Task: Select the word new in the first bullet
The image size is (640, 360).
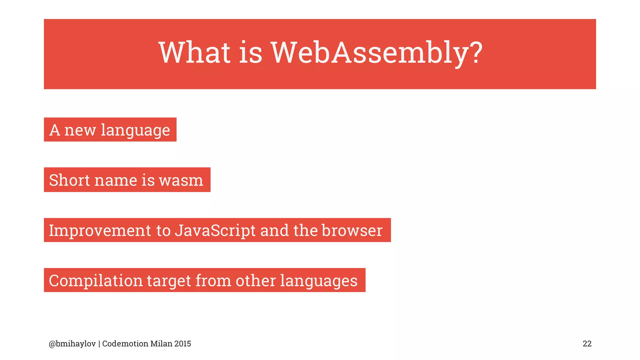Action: pyautogui.click(x=80, y=130)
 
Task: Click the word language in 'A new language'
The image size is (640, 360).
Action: pyautogui.click(x=135, y=131)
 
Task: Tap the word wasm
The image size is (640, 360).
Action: pyautogui.click(x=181, y=181)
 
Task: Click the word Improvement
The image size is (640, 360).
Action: pyautogui.click(x=100, y=231)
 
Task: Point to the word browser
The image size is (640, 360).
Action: pyautogui.click(x=352, y=231)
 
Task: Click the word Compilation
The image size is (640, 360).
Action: pyautogui.click(x=96, y=281)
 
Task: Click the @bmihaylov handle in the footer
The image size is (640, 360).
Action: pyautogui.click(x=72, y=344)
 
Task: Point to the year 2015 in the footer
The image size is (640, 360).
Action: pyautogui.click(x=183, y=344)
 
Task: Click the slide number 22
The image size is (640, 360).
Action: pyautogui.click(x=587, y=344)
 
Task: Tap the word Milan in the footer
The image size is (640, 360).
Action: pyautogui.click(x=161, y=344)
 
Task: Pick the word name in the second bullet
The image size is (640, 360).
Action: pyautogui.click(x=115, y=181)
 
